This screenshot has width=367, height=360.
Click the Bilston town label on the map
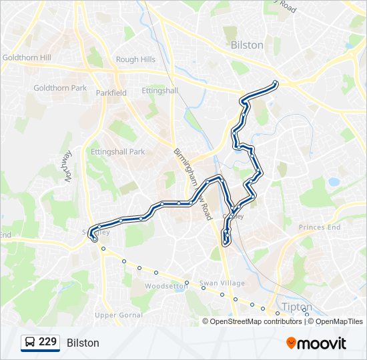point(246,45)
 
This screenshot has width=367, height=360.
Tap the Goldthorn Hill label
point(27,58)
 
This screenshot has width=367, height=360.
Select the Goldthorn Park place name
point(60,88)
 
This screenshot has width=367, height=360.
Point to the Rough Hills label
point(135,59)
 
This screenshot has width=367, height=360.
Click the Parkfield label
point(111,93)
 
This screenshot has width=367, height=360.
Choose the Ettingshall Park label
point(117,152)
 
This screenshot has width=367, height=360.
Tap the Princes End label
point(319,227)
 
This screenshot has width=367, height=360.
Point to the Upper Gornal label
point(115,315)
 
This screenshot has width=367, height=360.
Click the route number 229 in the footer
point(47,342)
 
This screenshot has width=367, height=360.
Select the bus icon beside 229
point(30,343)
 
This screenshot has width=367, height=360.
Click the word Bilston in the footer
point(83,343)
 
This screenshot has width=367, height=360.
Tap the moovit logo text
point(322,343)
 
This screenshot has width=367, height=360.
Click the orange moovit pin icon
point(291,343)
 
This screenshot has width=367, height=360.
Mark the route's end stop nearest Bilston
point(275,83)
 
